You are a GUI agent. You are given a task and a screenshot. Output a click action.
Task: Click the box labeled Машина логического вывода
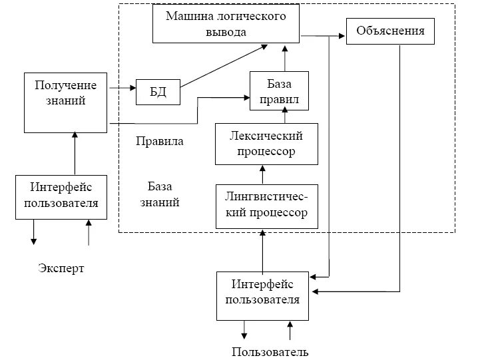point(225,24)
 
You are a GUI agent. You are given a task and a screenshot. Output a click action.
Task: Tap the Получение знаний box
point(65,102)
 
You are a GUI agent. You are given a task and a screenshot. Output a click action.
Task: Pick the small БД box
point(158,92)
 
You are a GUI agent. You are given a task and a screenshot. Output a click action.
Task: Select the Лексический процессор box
point(266,144)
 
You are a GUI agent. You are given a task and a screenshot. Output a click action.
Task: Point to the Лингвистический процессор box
point(266,206)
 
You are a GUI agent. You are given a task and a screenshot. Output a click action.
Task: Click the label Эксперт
point(61,268)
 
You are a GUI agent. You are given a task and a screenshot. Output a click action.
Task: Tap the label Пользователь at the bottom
point(270,352)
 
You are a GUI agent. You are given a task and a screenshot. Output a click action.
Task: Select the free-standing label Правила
point(159,141)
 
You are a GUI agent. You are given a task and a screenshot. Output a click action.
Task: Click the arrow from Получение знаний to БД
point(121,88)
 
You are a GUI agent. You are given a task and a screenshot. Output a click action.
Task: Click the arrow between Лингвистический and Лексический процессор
point(262,175)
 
